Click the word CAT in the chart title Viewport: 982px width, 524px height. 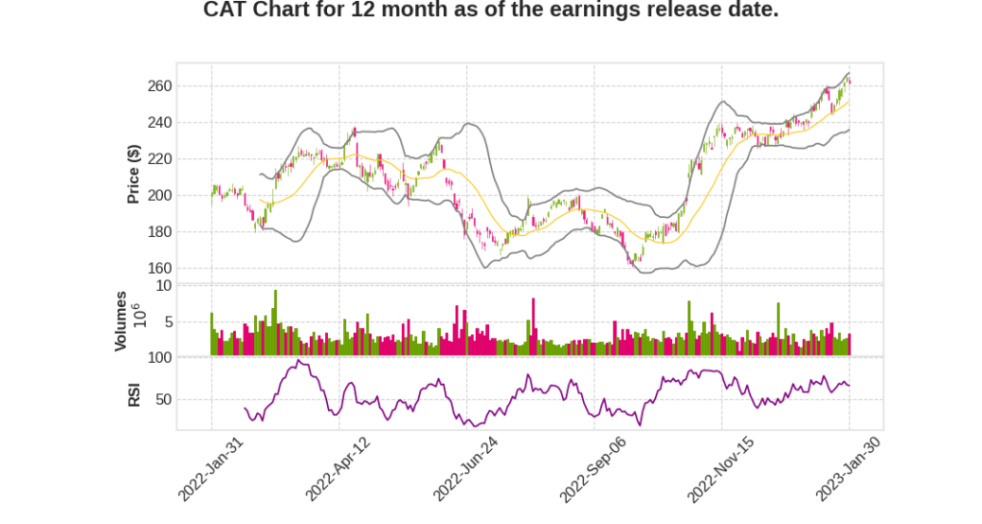tap(226, 11)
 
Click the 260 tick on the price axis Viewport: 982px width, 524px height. tap(160, 86)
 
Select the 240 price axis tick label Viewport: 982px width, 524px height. tap(160, 123)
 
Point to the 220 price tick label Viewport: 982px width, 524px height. tap(160, 159)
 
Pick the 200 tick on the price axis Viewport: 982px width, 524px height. tap(160, 196)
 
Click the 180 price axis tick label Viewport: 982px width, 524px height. tap(160, 232)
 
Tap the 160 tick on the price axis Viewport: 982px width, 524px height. tap(160, 269)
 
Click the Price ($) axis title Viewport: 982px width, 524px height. tap(134, 174)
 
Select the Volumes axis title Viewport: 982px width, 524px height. tap(121, 321)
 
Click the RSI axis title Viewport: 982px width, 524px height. tap(134, 394)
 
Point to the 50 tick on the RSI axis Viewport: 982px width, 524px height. tap(164, 399)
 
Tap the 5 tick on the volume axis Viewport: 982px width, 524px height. tap(168, 322)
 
